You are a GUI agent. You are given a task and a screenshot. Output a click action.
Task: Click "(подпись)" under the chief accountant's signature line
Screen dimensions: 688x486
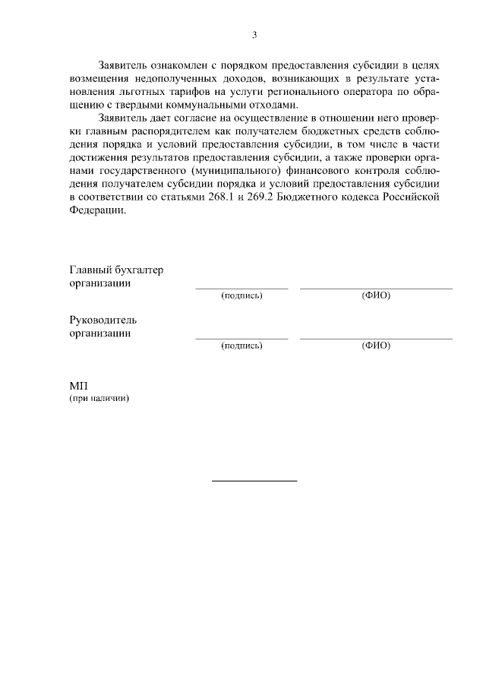[x=241, y=296]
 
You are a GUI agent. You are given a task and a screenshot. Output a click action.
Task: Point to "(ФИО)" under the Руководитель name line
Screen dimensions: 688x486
[x=376, y=346]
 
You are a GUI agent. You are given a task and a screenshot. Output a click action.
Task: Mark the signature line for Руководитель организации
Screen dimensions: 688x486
[x=241, y=338]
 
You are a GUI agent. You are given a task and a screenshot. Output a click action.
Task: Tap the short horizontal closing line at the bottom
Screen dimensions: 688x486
[x=254, y=481]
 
